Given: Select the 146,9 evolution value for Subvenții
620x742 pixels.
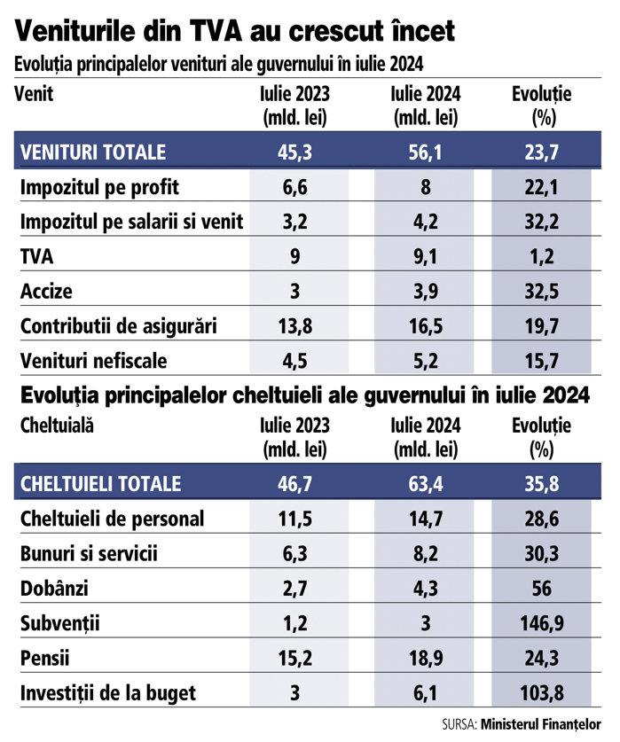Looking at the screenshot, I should pos(540,623).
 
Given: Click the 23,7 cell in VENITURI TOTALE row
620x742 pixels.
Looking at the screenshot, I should pos(540,152).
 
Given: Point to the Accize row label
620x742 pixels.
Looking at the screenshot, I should pos(46,292).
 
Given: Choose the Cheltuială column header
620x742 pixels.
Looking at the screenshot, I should pos(57,426).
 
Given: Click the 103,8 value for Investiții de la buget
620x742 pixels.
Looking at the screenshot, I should pos(540,693).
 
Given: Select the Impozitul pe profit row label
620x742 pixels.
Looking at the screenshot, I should pos(99,188).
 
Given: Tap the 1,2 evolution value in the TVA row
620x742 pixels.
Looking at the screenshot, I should pos(540,257).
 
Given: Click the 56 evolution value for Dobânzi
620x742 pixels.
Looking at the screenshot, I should pos(540,589).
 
